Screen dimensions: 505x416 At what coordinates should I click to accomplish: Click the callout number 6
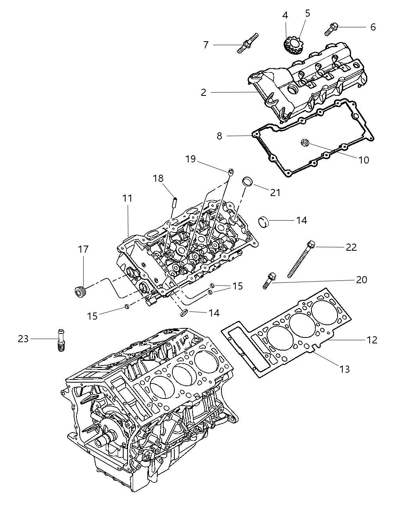[373, 27]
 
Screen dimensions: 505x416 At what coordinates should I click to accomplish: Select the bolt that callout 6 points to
[331, 29]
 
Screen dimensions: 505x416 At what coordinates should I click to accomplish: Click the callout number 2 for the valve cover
[203, 92]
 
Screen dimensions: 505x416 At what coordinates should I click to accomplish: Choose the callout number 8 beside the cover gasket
[219, 136]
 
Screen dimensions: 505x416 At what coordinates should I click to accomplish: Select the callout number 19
[191, 159]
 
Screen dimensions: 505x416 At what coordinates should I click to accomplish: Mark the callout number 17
[83, 250]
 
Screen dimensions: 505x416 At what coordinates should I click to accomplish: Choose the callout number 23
[23, 339]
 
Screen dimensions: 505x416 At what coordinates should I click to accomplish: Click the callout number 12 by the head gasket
[372, 340]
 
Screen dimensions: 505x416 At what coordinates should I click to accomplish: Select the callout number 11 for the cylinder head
[127, 198]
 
